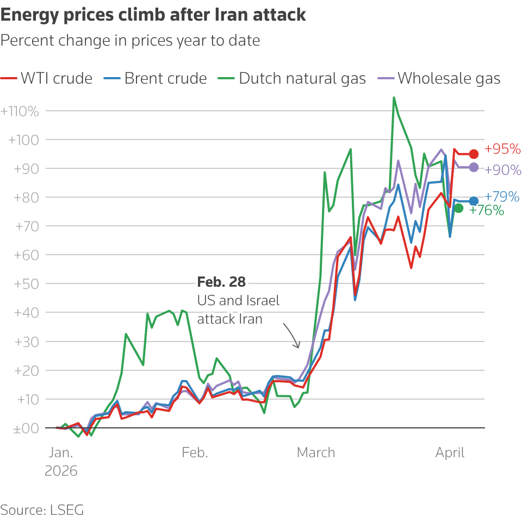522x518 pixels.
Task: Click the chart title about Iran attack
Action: [x=153, y=15]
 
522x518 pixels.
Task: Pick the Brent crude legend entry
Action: [x=156, y=78]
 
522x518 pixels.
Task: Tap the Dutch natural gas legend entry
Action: [x=294, y=78]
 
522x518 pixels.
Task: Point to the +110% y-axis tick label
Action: [x=20, y=111]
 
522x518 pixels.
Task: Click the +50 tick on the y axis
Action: [x=24, y=284]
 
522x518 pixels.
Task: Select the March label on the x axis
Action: [x=316, y=453]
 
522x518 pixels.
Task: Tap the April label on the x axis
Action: [x=450, y=453]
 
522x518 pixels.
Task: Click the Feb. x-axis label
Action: [x=195, y=453]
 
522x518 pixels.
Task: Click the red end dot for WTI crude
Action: [x=474, y=154]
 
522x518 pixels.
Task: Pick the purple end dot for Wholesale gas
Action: [x=474, y=168]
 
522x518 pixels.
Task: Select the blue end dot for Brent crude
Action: [x=474, y=201]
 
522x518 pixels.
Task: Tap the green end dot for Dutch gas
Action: [x=458, y=208]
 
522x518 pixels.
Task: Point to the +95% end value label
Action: [x=502, y=149]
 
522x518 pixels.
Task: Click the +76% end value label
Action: [x=486, y=211]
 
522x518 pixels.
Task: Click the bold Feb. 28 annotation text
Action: [x=221, y=282]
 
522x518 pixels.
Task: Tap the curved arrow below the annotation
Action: [x=291, y=336]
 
